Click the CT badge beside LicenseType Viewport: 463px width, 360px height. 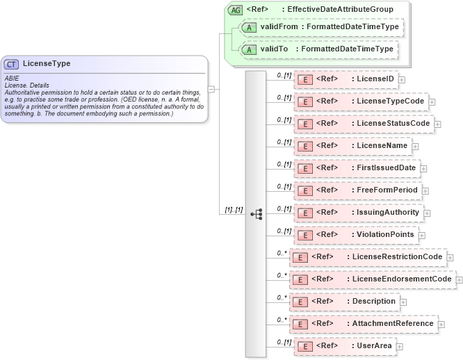12,64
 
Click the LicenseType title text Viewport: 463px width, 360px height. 47,64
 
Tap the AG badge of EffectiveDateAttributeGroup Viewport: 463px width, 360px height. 235,9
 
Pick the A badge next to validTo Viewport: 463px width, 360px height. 248,49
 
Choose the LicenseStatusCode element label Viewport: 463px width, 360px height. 394,124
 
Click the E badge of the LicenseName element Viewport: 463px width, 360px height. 304,146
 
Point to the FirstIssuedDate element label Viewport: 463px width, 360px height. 385,168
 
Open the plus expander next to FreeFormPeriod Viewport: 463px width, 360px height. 425,190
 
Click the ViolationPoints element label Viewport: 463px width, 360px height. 385,235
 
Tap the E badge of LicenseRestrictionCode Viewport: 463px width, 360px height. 299,257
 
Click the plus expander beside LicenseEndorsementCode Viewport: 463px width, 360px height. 459,279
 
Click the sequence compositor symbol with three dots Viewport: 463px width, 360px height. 256,214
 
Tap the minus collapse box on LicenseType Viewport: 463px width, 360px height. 211,89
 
